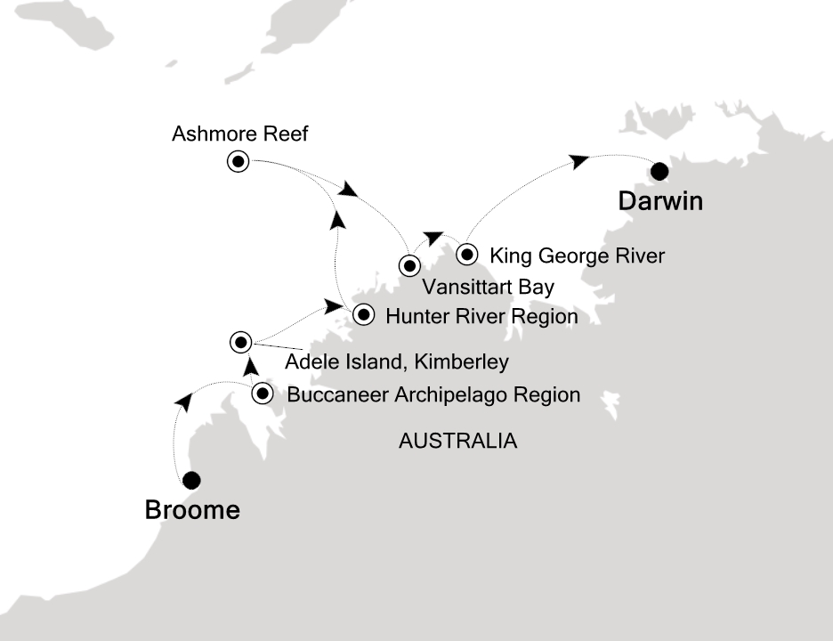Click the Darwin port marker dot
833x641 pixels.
(x=659, y=171)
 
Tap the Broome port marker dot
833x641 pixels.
(x=190, y=481)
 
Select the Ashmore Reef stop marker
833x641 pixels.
(x=238, y=162)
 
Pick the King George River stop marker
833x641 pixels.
(x=466, y=256)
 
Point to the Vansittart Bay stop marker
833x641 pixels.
(x=408, y=264)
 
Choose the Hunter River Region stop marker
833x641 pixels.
(x=363, y=314)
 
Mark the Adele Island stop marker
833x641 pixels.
(x=240, y=341)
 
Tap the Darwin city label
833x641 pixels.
(x=660, y=201)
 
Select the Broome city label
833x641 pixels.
(x=192, y=511)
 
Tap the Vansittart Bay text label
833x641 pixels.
(x=488, y=287)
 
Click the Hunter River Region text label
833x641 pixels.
(x=481, y=316)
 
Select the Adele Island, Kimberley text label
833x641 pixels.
(x=396, y=362)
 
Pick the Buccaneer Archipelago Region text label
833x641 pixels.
(x=433, y=394)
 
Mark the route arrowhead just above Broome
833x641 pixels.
(x=183, y=402)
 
